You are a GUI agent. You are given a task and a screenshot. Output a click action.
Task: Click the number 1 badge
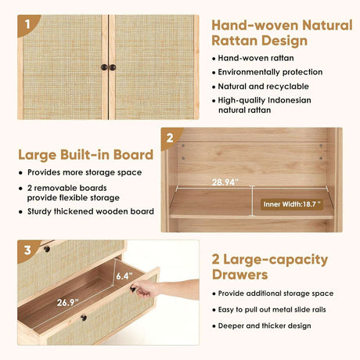coord(27,24)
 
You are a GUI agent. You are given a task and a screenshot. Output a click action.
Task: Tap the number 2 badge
coord(170,138)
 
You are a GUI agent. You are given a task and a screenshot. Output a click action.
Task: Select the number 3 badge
coord(27,250)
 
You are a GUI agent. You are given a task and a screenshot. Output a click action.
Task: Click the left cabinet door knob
coord(104,67)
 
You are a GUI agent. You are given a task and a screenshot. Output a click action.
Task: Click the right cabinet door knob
coord(113,67)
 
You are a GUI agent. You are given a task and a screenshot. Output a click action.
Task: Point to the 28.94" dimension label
coord(225,182)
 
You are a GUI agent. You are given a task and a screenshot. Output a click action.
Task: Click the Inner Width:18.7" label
coord(292,204)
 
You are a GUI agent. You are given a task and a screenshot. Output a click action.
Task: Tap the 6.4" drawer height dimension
coord(124,275)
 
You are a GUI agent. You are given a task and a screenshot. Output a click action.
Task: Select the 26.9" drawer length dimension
coord(67,302)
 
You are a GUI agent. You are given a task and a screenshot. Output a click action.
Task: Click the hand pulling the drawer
coord(146,289)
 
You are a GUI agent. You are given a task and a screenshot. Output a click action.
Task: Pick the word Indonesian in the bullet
coord(290,100)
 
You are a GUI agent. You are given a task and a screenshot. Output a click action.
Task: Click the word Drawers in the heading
coord(240,275)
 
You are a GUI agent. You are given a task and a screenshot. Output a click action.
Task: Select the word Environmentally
coord(248,72)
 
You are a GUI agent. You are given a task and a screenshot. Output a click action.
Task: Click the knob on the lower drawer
coord(84,318)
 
